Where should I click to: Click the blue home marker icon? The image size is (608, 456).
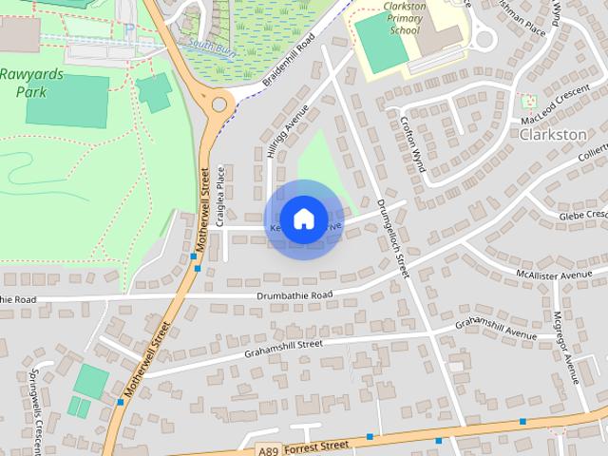click(x=303, y=219)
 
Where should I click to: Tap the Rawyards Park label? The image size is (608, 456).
click(x=32, y=84)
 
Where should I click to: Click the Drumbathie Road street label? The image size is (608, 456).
click(x=294, y=295)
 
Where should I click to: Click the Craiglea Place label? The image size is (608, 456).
click(x=219, y=195)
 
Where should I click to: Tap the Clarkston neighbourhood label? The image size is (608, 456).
click(x=553, y=135)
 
